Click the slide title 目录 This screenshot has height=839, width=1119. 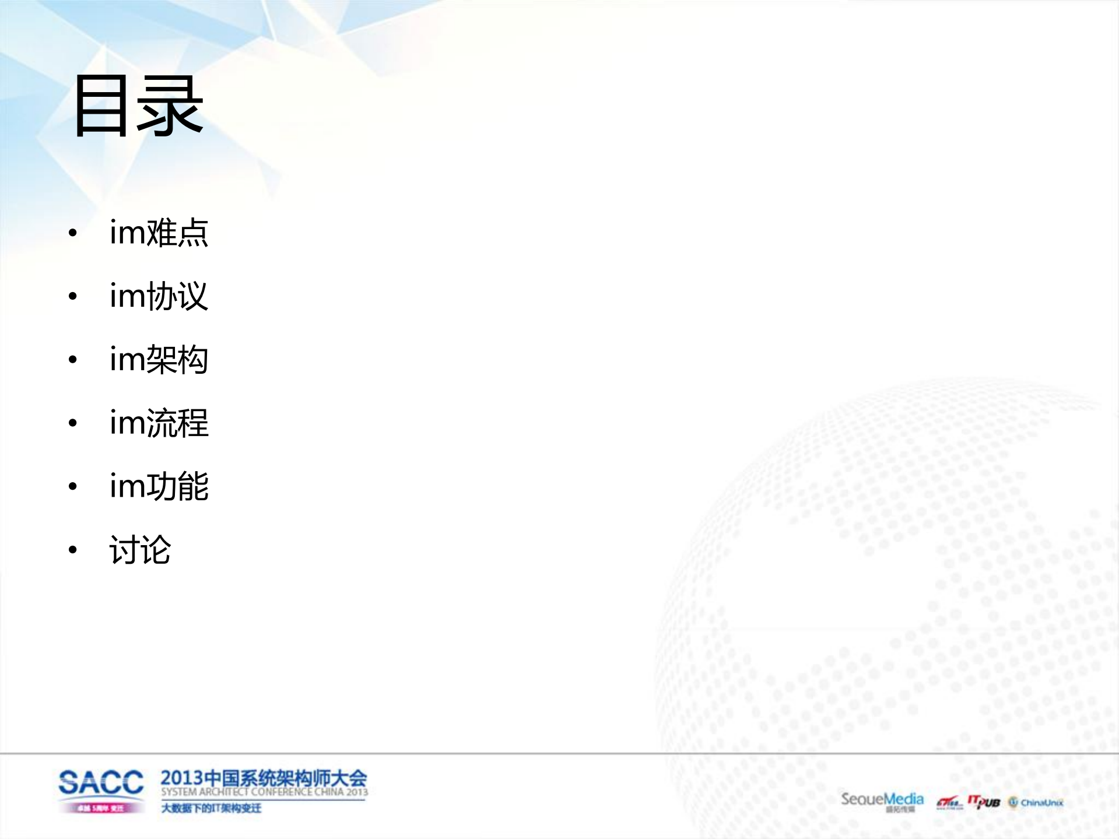tap(138, 106)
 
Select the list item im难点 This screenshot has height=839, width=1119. tap(159, 233)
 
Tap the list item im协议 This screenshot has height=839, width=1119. tap(159, 296)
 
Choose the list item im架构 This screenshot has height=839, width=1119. tap(159, 360)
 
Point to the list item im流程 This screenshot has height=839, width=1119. tap(159, 423)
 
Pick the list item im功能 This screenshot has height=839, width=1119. tap(159, 486)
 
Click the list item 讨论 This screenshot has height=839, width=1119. tap(140, 550)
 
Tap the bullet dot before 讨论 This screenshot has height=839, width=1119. tap(73, 550)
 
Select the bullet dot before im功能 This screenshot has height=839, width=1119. tap(73, 487)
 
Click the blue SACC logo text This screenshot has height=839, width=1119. tap(101, 782)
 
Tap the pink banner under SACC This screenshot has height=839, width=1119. tap(101, 808)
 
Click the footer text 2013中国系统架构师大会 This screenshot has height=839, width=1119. tap(264, 778)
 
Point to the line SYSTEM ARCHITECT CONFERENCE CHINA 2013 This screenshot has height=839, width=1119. tap(264, 792)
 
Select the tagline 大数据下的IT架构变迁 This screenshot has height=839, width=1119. tap(211, 808)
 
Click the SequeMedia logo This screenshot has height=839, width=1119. tap(882, 800)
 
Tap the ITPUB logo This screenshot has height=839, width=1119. tap(984, 802)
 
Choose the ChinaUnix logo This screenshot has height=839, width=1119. tap(1036, 803)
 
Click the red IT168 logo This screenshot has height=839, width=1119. tap(949, 804)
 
